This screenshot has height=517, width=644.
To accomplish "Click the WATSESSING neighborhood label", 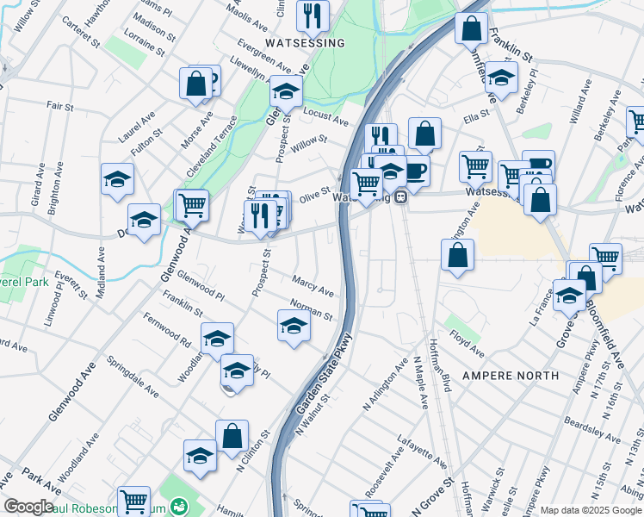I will tap(305, 42).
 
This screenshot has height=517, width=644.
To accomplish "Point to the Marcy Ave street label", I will tap(313, 285).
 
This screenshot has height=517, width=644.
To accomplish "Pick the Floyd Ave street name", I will tap(467, 347).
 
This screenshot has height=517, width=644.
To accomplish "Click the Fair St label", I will tap(59, 107).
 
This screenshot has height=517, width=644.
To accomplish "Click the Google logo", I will tap(28, 507).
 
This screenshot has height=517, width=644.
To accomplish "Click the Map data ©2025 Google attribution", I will tap(591, 510).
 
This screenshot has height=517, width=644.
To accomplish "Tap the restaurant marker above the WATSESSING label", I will tap(312, 15).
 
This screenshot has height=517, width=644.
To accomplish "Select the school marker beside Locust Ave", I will tap(286, 90).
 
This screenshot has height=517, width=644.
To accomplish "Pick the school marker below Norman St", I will tap(294, 325).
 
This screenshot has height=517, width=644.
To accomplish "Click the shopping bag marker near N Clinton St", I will tap(232, 435).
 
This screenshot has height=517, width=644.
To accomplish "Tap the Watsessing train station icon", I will tap(400, 197).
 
